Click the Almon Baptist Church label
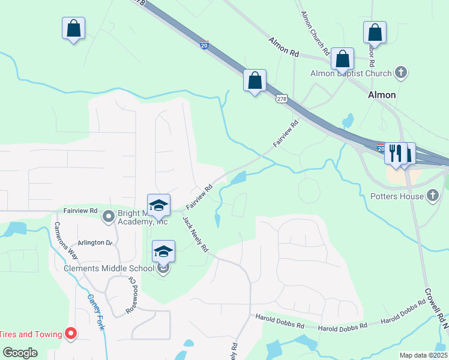tap(351, 74)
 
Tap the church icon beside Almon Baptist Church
tap(401, 73)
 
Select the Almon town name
tap(382, 95)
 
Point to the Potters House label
tap(397, 196)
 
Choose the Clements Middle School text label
tap(110, 268)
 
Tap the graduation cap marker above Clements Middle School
tap(163, 251)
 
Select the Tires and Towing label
tap(31, 334)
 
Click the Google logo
tap(20, 353)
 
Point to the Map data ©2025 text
tap(423, 355)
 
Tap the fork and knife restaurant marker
tap(395, 153)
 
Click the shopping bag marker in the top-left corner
tap(73, 28)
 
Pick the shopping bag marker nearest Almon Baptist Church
tap(342, 59)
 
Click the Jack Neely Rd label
tap(196, 234)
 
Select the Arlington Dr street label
tap(95, 242)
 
